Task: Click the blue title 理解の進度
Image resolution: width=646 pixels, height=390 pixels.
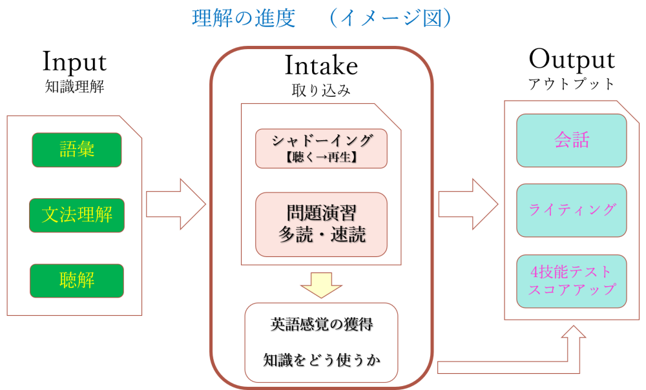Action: (x=244, y=18)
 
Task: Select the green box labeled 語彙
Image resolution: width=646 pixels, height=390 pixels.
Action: (x=77, y=150)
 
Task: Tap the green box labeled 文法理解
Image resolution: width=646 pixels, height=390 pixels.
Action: (x=77, y=215)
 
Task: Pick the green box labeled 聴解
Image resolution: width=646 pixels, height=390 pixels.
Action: (x=77, y=280)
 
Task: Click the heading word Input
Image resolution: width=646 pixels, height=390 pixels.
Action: (x=74, y=62)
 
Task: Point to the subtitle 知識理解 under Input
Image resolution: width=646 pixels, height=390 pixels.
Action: (x=74, y=87)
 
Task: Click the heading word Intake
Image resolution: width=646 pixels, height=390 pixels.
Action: (x=321, y=65)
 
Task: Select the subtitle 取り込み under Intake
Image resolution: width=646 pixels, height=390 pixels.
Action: (x=321, y=90)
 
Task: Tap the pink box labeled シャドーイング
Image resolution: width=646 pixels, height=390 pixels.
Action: (x=321, y=140)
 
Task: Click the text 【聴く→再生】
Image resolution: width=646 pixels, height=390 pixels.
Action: (x=321, y=156)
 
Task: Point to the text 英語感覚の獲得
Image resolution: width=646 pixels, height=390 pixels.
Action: (x=321, y=325)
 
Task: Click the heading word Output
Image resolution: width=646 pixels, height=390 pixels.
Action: (x=572, y=60)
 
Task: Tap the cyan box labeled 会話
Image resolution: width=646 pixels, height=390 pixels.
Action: (x=572, y=140)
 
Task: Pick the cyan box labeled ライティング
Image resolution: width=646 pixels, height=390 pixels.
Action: (x=572, y=210)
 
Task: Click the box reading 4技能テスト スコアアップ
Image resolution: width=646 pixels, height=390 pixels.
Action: (x=572, y=280)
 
